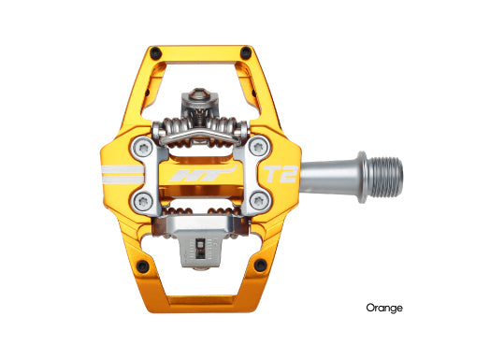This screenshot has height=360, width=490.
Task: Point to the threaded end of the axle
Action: pyautogui.click(x=384, y=171)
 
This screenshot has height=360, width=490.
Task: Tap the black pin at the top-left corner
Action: pyautogui.click(x=154, y=52)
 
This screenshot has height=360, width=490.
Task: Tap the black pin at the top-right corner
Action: pyautogui.click(x=246, y=52)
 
